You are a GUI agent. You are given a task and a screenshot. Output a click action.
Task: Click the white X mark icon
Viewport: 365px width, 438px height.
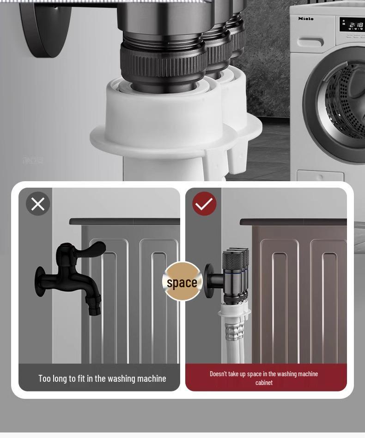[x=38, y=204]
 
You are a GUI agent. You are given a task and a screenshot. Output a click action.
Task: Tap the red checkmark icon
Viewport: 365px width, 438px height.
[x=204, y=204]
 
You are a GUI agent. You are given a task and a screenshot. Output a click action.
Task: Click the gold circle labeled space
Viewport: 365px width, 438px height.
[x=182, y=282]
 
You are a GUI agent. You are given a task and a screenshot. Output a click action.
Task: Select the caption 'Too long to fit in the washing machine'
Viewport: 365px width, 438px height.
[x=102, y=379]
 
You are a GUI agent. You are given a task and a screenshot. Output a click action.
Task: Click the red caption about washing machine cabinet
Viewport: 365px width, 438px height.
[x=264, y=378]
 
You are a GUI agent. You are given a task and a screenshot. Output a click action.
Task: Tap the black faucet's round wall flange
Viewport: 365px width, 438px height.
[x=40, y=281]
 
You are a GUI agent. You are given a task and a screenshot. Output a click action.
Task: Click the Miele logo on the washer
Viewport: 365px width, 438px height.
[x=305, y=18]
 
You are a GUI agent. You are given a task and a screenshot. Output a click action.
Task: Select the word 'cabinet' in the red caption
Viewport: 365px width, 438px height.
[x=264, y=383]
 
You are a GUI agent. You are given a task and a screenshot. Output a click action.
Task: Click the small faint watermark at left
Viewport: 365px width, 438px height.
[x=33, y=160]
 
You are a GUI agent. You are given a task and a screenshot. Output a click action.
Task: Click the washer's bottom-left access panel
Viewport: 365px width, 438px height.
[x=320, y=176]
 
